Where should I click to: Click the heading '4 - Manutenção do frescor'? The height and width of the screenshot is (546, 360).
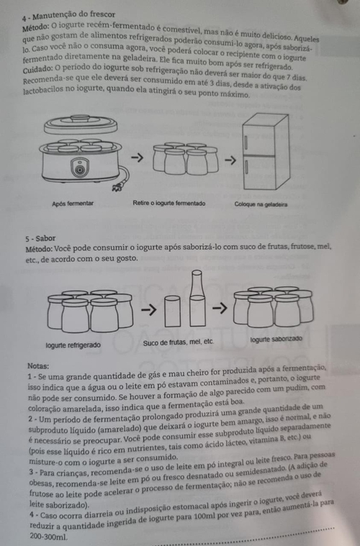[x=68, y=16]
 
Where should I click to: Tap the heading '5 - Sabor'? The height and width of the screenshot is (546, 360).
[x=40, y=239]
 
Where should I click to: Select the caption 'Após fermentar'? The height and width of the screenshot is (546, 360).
[x=73, y=204]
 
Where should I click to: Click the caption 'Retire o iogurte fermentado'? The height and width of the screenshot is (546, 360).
[x=169, y=203]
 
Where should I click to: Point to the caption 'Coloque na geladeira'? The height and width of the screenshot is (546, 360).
[x=261, y=204]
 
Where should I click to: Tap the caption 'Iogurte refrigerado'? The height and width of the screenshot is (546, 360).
[x=73, y=345]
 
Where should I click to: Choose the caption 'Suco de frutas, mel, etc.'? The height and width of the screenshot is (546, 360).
[x=179, y=342]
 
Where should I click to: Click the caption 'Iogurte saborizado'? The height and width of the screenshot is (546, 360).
[x=276, y=339]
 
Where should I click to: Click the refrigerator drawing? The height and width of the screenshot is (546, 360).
[x=266, y=151]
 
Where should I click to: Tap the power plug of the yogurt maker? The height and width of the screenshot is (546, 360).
[x=117, y=188]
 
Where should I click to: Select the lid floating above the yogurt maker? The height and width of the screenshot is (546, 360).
[x=81, y=124]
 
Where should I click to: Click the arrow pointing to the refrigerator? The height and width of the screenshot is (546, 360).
[x=230, y=160]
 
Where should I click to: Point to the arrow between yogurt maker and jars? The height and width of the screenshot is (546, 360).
[x=137, y=158]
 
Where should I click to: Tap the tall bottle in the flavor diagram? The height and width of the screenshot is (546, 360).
[x=197, y=299]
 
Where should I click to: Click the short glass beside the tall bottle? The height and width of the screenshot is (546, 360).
[x=173, y=311]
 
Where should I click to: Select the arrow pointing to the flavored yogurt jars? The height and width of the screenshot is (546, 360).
[x=220, y=308]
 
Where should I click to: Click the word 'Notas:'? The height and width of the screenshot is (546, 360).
[x=38, y=366]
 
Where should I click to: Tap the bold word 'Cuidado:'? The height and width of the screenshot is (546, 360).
[x=38, y=69]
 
